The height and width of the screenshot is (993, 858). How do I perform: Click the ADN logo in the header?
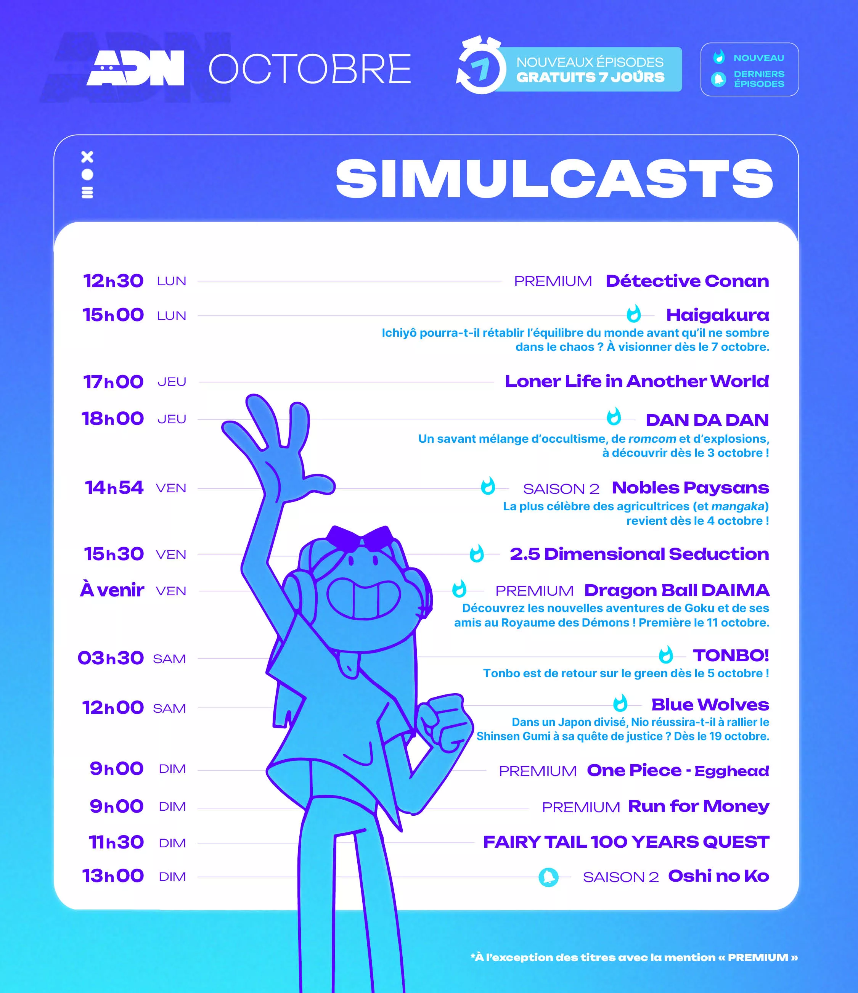(135, 68)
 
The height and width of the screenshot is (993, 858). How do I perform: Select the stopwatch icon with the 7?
(481, 65)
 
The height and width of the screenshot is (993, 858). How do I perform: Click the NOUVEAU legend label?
(758, 58)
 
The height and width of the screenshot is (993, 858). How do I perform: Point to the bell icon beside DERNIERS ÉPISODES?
(718, 79)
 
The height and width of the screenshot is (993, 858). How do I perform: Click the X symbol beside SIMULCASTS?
(87, 157)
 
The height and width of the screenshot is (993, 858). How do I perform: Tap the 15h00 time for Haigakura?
(113, 315)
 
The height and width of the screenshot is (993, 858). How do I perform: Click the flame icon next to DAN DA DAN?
(614, 416)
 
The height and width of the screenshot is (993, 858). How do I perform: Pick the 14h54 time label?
(114, 487)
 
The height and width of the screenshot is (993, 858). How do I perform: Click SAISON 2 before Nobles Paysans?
(561, 489)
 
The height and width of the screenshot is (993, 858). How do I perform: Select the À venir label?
(112, 590)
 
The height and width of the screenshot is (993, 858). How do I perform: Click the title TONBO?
(731, 655)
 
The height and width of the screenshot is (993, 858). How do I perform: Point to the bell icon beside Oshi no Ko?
(548, 877)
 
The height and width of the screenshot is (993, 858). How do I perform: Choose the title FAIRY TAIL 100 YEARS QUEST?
(626, 842)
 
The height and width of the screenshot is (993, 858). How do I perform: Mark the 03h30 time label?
(111, 658)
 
